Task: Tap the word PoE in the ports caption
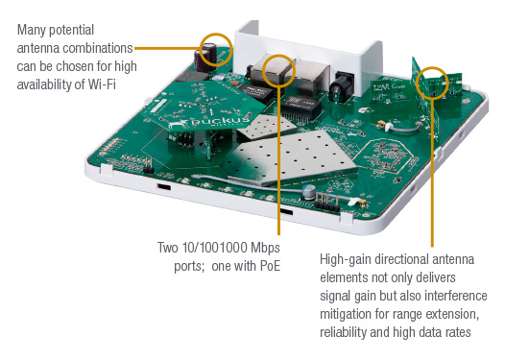coord(270,266)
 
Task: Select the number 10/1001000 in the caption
coord(214,248)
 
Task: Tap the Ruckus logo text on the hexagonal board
coord(220,122)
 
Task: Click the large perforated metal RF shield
coord(289,157)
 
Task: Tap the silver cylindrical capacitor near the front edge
coord(308,192)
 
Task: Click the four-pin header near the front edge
coord(327,202)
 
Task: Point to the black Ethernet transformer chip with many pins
coord(301,108)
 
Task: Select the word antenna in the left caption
coord(38,49)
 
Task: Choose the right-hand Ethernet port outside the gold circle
coord(312,78)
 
